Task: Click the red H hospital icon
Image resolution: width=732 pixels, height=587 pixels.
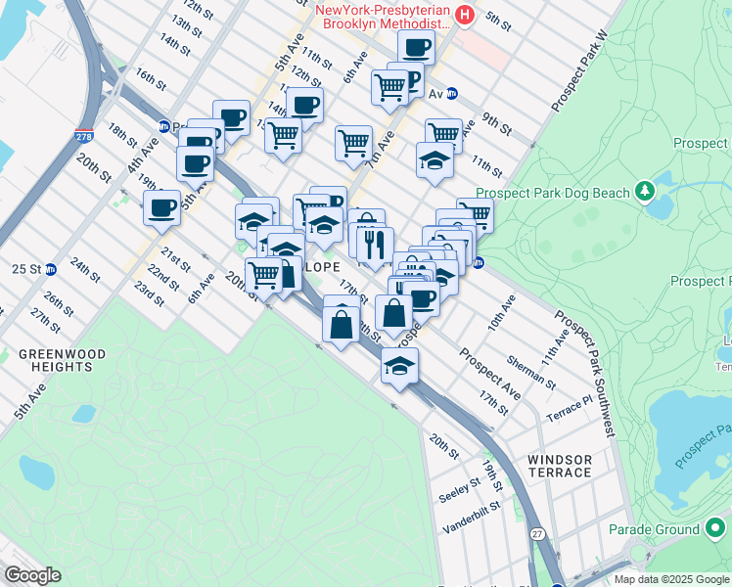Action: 466,16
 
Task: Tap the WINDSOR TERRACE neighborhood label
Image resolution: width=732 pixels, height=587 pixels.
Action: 560,466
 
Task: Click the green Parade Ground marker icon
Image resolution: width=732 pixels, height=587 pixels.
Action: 716,529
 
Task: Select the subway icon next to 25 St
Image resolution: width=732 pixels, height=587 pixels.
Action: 50,269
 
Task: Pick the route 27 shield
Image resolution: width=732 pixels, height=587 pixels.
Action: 537,534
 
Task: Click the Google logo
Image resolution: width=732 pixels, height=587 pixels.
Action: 33,575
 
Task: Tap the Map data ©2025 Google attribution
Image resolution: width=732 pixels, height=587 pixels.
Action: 671,579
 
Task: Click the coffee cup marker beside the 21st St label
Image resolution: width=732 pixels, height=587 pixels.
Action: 160,206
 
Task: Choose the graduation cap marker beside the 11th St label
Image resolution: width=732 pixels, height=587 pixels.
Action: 435,160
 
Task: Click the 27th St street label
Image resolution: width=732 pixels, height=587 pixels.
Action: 45,319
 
